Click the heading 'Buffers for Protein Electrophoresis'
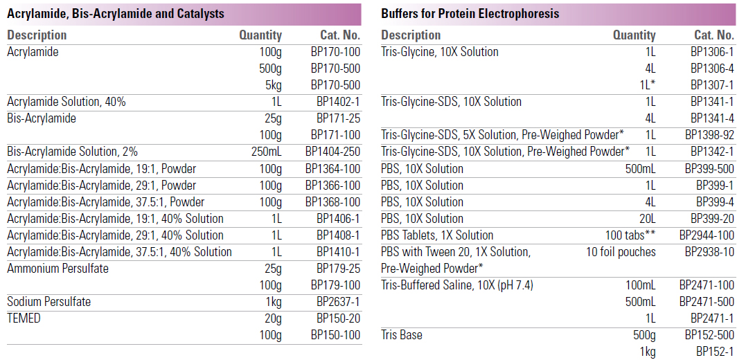click(x=470, y=14)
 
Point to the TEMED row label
click(x=24, y=318)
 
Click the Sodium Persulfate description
click(x=48, y=302)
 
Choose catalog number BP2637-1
click(x=338, y=302)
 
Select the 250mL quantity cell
click(x=266, y=152)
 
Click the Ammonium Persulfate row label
click(x=57, y=269)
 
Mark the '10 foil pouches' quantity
click(x=621, y=252)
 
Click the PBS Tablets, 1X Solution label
click(x=437, y=235)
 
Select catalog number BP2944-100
click(x=707, y=235)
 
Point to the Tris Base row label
click(x=402, y=335)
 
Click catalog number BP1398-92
click(x=709, y=135)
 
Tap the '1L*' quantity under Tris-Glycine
click(x=648, y=85)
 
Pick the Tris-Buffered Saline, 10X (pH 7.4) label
click(x=457, y=285)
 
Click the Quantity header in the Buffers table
click(x=634, y=35)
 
